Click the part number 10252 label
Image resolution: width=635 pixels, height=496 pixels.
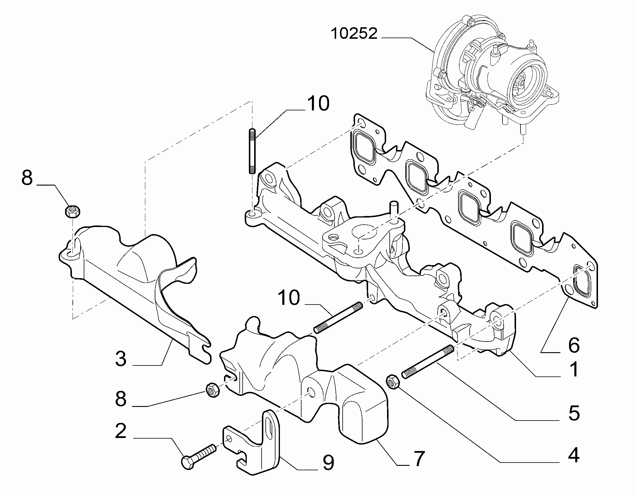click(x=354, y=34)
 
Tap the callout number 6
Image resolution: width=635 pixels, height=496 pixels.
click(x=574, y=345)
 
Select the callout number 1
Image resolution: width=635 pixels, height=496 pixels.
click(x=574, y=370)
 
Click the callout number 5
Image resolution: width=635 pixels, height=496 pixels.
click(x=574, y=413)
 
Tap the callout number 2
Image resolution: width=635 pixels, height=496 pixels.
click(x=120, y=431)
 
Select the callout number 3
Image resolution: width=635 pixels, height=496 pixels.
click(x=121, y=359)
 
